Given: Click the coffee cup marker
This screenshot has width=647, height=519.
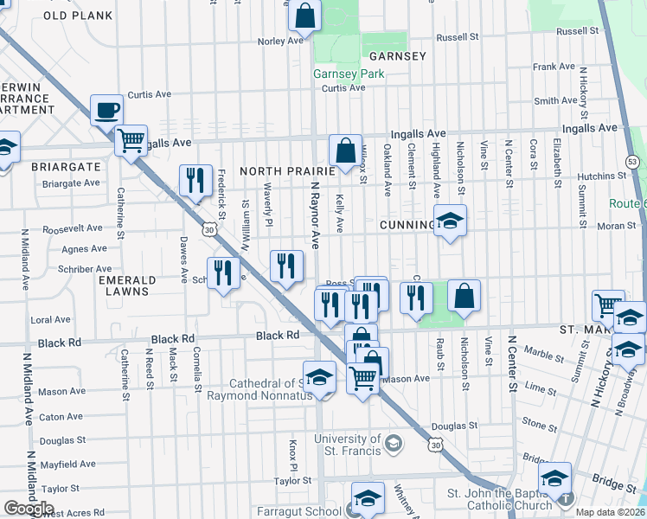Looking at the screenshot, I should pos(106,110).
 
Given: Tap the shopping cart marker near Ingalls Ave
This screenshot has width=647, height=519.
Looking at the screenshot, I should pos(131,139).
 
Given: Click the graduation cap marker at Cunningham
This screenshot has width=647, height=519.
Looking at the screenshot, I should pos(450,221).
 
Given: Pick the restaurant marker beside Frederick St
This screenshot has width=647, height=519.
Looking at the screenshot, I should pos(195,181).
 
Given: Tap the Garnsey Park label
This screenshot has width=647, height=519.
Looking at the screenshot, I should pos(349,74).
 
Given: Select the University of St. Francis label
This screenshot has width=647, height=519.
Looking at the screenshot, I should pos(348,444).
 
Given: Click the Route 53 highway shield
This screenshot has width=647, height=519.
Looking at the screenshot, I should pos(632,162).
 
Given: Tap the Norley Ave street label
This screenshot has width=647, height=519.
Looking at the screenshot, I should pos(280,41).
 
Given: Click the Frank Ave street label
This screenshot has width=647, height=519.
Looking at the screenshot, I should pos(554,67).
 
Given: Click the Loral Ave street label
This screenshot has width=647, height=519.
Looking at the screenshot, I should pos(50,319).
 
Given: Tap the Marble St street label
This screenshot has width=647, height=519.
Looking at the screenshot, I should pos(544,353).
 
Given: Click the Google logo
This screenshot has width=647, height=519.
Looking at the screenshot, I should pos(29,509).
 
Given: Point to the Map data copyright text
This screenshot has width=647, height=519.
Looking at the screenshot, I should pos(608,512).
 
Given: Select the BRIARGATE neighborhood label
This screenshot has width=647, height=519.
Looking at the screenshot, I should pos(61,165).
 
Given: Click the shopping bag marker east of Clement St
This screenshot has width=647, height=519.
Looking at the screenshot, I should pos(464,296).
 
